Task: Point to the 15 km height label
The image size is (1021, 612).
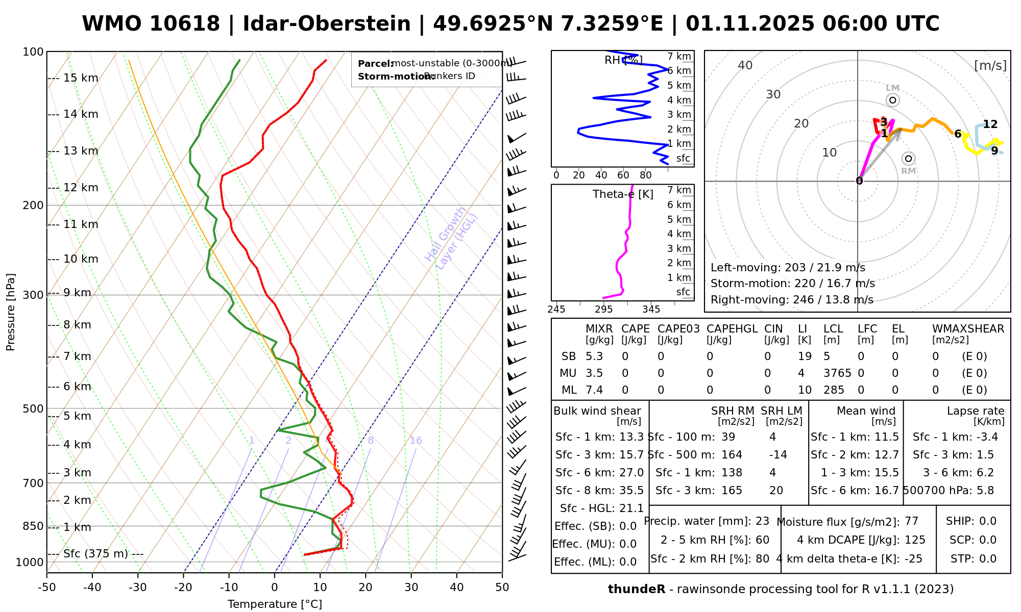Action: [x=81, y=78]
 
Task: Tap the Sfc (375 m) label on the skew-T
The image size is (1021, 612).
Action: [x=95, y=554]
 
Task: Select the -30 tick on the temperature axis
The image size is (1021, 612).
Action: [x=137, y=588]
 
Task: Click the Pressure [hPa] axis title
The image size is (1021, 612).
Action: [x=11, y=312]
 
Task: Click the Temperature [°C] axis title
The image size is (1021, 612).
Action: [x=275, y=604]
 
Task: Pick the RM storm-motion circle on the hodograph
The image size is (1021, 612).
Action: [x=908, y=159]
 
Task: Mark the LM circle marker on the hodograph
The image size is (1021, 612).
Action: [x=892, y=100]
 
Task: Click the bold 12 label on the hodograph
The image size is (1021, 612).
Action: [x=990, y=124]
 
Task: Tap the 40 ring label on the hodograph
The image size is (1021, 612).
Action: [x=745, y=65]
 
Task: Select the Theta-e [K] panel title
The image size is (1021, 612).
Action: [x=623, y=194]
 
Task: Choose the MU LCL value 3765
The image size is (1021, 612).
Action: [x=837, y=373]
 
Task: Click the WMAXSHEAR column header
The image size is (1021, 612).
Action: [x=968, y=329]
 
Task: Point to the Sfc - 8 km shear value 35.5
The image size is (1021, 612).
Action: [x=631, y=491]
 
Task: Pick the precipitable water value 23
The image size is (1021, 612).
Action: [x=762, y=521]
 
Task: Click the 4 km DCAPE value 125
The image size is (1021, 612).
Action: [x=915, y=540]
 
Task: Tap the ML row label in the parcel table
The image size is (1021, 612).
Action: [x=569, y=390]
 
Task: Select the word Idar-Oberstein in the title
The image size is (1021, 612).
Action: [x=326, y=24]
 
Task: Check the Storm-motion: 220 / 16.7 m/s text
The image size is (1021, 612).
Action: [x=792, y=284]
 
